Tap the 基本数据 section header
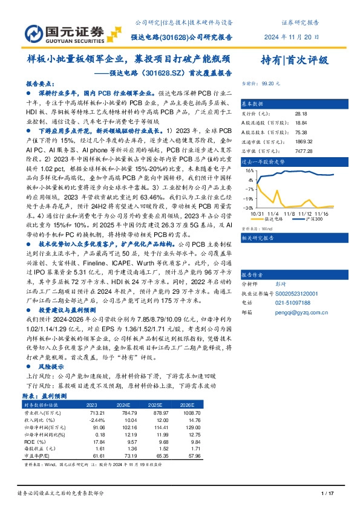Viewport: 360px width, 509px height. [x=254, y=103]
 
